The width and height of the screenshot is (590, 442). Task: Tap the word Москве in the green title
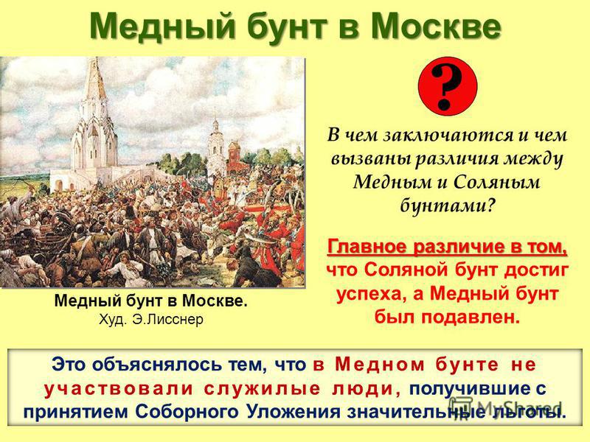[435, 27]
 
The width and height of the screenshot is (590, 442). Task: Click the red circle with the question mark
[448, 86]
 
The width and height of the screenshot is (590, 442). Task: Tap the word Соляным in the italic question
[496, 182]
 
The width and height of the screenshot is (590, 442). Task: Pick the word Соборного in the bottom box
[187, 412]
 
